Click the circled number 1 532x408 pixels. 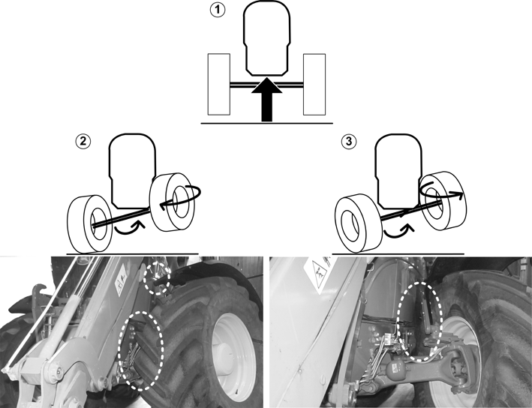click(x=217, y=10)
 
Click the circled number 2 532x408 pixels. click(x=83, y=142)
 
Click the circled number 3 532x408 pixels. click(x=349, y=142)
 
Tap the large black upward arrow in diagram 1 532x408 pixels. click(x=266, y=100)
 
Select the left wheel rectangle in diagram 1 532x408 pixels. click(x=219, y=84)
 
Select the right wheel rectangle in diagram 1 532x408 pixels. click(x=314, y=84)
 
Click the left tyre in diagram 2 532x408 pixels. click(x=89, y=224)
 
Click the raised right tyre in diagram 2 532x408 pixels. click(x=173, y=202)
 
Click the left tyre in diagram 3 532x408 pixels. click(x=358, y=223)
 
